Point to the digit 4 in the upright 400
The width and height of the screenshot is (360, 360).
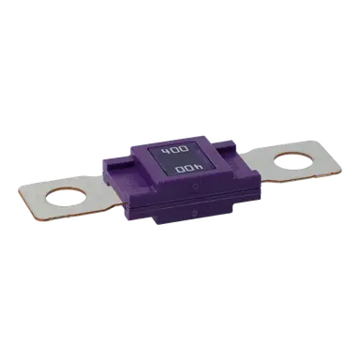coord(165,151)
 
